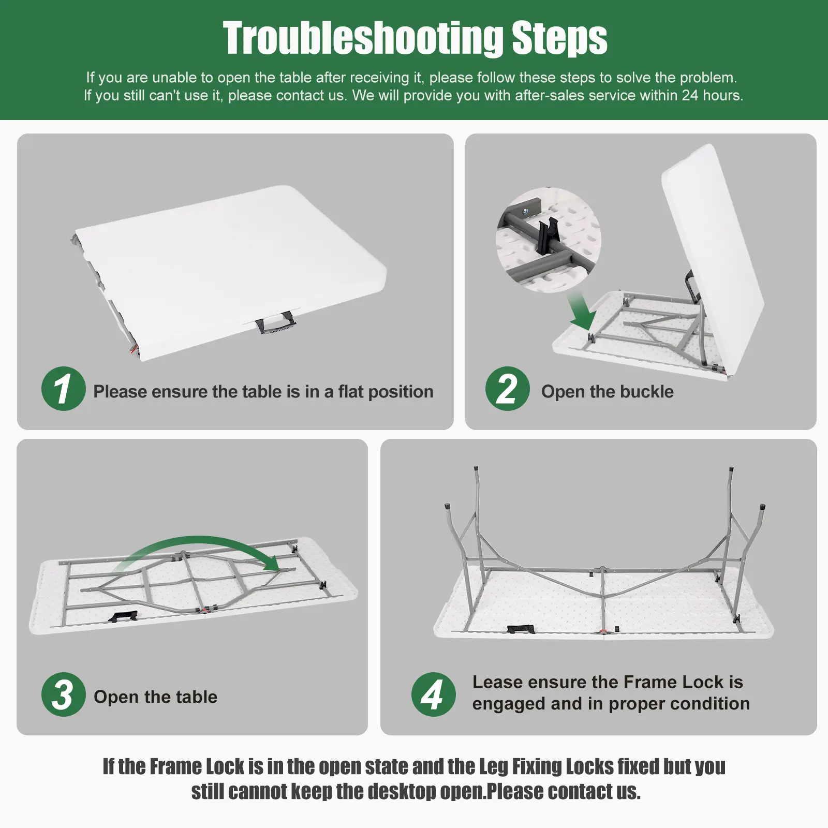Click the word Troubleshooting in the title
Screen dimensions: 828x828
point(363,38)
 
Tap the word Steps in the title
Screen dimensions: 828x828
point(559,38)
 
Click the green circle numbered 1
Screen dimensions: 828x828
point(63,389)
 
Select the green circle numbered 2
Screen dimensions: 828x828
point(507,389)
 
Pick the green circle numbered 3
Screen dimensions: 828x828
point(63,694)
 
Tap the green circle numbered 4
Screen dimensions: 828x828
point(433,694)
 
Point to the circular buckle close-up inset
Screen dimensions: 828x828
point(549,240)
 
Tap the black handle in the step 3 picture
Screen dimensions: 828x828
point(123,616)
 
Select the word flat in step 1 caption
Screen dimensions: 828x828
point(351,392)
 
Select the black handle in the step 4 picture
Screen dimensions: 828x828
point(519,629)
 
